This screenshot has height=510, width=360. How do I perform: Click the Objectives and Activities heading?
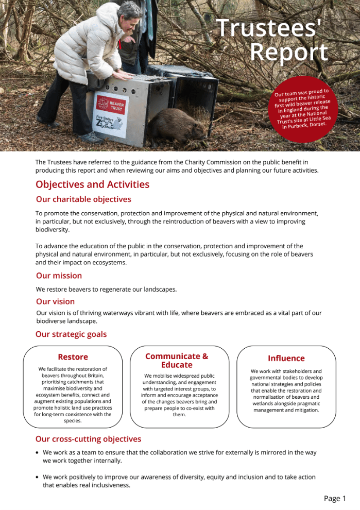pyautogui.click(x=92, y=184)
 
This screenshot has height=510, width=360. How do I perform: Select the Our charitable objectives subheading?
pyautogui.click(x=83, y=199)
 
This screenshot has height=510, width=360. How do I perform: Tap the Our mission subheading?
pyautogui.click(x=59, y=276)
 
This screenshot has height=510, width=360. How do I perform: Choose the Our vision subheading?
pyautogui.click(x=55, y=301)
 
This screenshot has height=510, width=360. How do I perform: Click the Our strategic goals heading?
pyautogui.click(x=71, y=334)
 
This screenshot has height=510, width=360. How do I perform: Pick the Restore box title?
pyautogui.click(x=73, y=357)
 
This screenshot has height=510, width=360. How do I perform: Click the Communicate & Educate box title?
pyautogui.click(x=177, y=360)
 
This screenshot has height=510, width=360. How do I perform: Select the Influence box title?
pyautogui.click(x=286, y=358)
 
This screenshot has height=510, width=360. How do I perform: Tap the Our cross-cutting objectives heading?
pyautogui.click(x=88, y=439)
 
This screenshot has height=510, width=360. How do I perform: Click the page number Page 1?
pyautogui.click(x=335, y=498)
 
